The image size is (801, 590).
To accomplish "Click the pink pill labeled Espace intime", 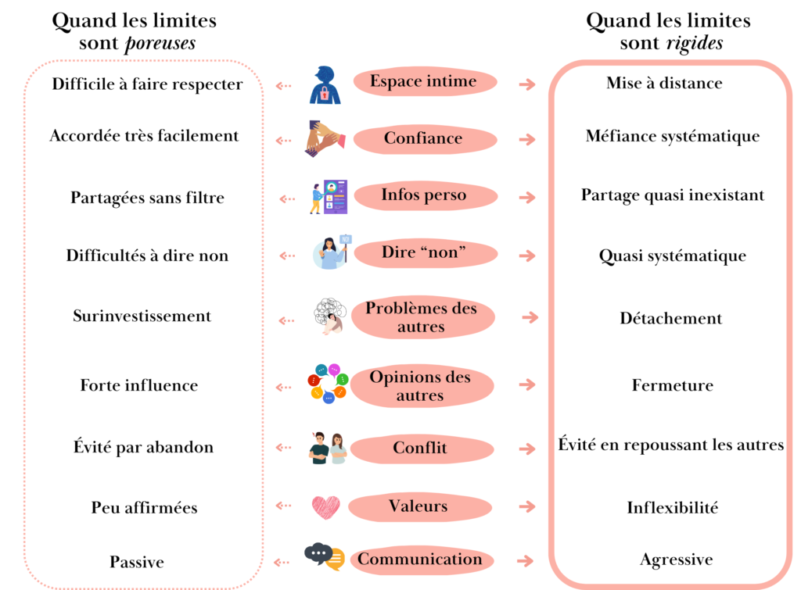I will pyautogui.click(x=423, y=82).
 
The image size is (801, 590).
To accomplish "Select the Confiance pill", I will pyautogui.click(x=423, y=139).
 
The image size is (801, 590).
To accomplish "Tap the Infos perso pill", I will pyautogui.click(x=423, y=195).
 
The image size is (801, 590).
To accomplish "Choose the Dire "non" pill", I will pyautogui.click(x=423, y=253).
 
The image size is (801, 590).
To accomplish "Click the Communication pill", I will pyautogui.click(x=420, y=560).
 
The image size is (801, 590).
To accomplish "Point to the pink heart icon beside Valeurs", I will pyautogui.click(x=325, y=507).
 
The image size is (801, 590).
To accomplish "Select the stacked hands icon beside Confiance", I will pyautogui.click(x=325, y=138).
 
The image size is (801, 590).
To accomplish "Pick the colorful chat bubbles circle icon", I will pyautogui.click(x=327, y=383).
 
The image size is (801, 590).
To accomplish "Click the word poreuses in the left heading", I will pyautogui.click(x=160, y=43).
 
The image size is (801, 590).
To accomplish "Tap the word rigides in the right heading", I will pyautogui.click(x=694, y=43).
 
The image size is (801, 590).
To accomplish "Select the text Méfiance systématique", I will pyautogui.click(x=673, y=136).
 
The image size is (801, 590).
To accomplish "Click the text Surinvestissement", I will pyautogui.click(x=142, y=316).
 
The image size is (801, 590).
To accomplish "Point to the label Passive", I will pyautogui.click(x=137, y=562).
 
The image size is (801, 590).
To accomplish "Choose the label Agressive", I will pyautogui.click(x=676, y=560).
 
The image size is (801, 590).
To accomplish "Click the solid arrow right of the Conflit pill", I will pyautogui.click(x=528, y=449).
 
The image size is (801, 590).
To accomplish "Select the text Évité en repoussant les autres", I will pyautogui.click(x=671, y=445).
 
